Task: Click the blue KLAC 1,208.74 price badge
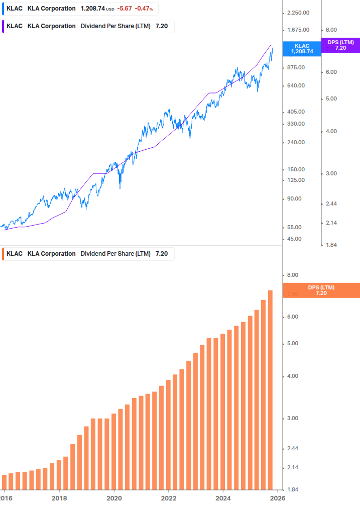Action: click(302, 48)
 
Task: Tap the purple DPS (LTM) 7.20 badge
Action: click(340, 45)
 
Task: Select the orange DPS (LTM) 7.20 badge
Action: click(321, 290)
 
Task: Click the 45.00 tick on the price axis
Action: click(295, 239)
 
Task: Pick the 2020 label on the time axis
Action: click(114, 497)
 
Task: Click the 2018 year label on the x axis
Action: click(59, 497)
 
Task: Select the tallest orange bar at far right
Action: click(270, 389)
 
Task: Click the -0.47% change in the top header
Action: click(144, 9)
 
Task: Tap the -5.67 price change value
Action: click(124, 9)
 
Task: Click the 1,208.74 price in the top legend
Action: click(92, 9)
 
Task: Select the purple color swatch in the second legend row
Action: click(4, 26)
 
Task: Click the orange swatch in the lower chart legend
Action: click(4, 254)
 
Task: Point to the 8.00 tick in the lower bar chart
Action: click(293, 275)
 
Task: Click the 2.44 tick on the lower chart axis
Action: click(293, 449)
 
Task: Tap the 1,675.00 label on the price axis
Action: click(296, 30)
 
